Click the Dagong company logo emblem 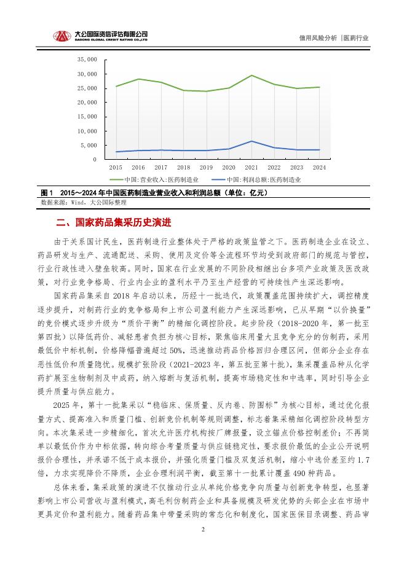click(x=60, y=37)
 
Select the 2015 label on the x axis click(x=116, y=167)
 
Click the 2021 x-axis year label click(x=251, y=167)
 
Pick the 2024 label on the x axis click(x=320, y=167)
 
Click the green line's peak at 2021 click(x=251, y=76)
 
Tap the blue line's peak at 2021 click(x=251, y=141)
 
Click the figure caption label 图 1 click(x=47, y=193)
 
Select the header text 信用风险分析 click(x=318, y=37)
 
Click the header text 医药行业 click(x=357, y=37)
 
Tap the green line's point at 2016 click(x=138, y=79)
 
